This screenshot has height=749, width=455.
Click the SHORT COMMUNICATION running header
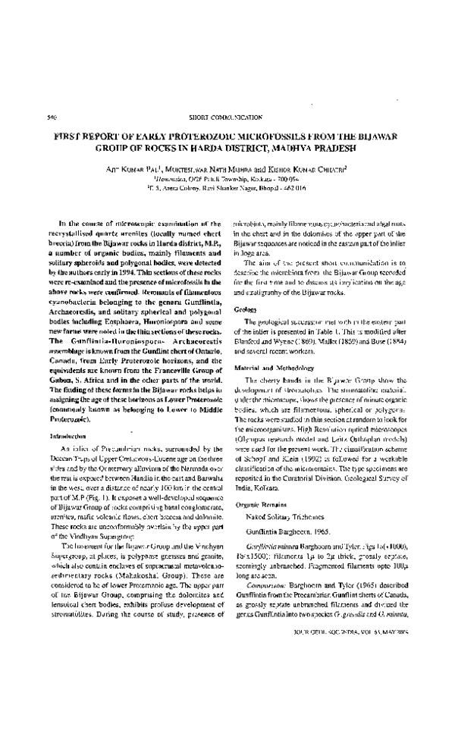pos(227,118)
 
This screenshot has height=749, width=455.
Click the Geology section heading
pos(245,311)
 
